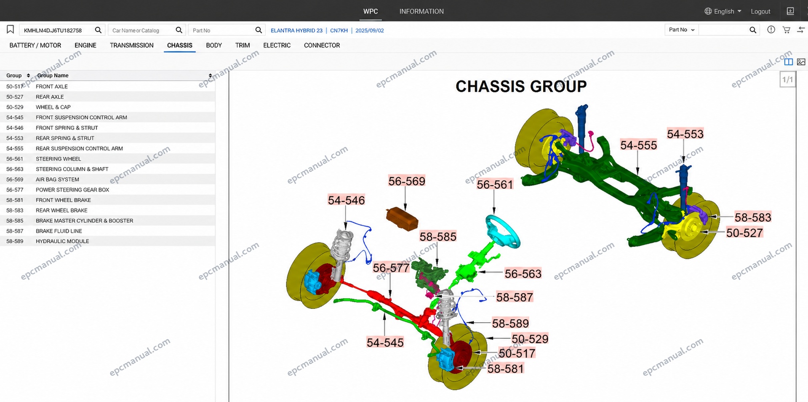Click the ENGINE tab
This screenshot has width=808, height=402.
(85, 45)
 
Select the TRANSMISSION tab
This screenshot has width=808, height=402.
(131, 45)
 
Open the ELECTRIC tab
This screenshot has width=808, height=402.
(277, 45)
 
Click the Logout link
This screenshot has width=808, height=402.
(760, 11)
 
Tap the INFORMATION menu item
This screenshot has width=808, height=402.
(421, 11)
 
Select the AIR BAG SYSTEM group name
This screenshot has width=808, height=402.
(57, 180)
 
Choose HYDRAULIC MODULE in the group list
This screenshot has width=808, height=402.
(62, 241)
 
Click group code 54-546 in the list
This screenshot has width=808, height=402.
(15, 128)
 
